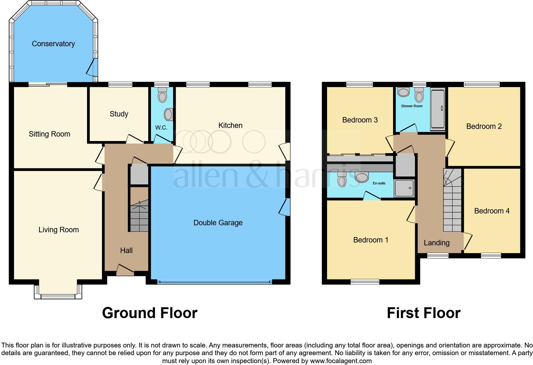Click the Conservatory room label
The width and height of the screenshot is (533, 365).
53,44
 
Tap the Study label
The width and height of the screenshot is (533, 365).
119,114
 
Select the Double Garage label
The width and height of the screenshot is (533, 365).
218,223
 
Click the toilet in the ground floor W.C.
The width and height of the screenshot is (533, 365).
163,95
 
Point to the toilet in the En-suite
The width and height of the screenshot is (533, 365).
342,180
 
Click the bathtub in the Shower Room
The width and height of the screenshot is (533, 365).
438,109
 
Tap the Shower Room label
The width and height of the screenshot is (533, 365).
412,106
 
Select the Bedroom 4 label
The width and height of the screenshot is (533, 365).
492,211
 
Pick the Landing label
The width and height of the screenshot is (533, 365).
436,243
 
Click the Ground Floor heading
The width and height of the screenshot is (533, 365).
150,313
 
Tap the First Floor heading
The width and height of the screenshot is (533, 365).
423,313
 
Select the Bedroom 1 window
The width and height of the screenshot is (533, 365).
365,281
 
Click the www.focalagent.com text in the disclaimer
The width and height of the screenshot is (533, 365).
341,361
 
